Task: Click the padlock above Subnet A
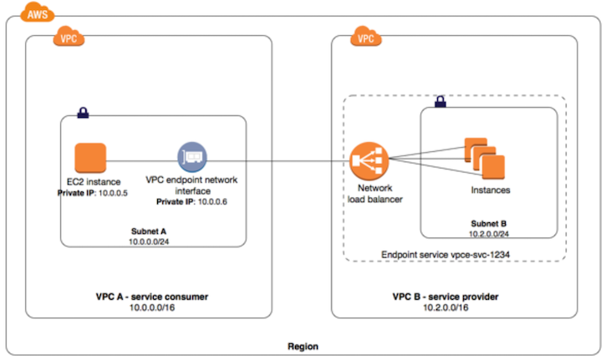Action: (x=84, y=112)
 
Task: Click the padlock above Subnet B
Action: (x=440, y=103)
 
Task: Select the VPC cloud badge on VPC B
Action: (x=364, y=37)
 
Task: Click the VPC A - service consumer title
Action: (x=152, y=297)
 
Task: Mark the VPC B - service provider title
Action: (x=440, y=297)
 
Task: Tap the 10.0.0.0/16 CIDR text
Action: (x=152, y=307)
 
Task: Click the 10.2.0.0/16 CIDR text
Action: (x=440, y=307)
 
